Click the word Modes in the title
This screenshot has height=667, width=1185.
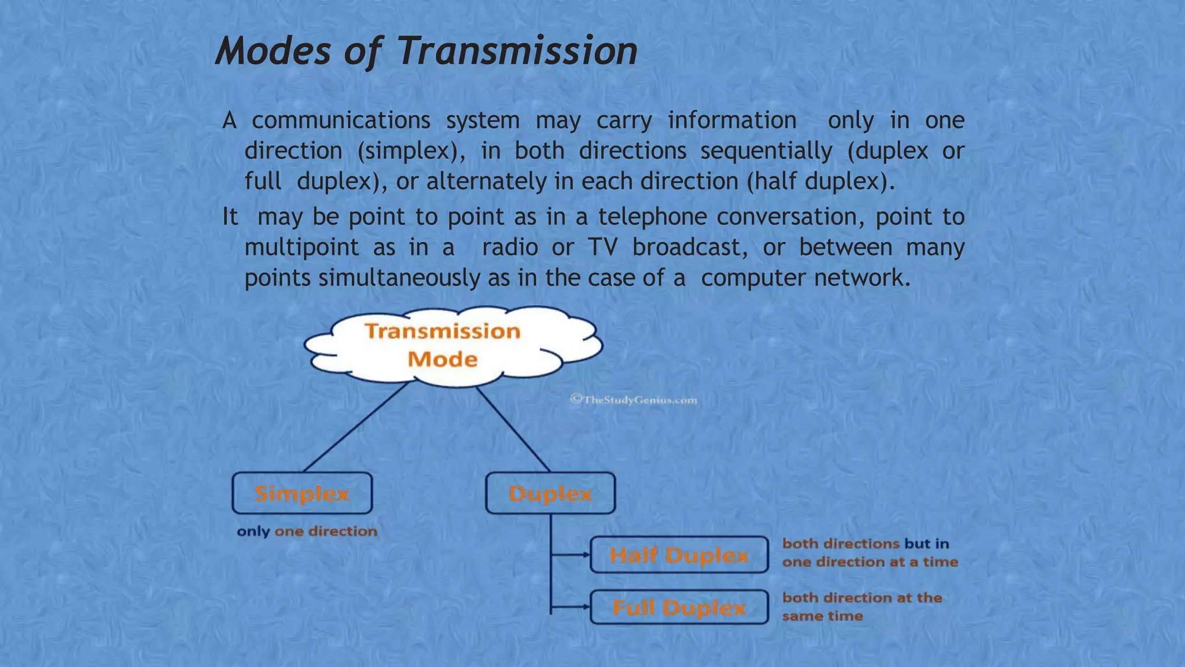click(x=273, y=51)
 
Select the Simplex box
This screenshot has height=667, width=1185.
click(x=302, y=493)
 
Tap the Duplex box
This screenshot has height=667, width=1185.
click(x=550, y=493)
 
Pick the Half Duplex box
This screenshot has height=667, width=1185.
click(x=679, y=555)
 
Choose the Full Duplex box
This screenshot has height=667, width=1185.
click(x=679, y=607)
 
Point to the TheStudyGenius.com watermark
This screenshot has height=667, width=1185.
click(x=634, y=400)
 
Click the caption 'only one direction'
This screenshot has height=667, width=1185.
click(x=307, y=532)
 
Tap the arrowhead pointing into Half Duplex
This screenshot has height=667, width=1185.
click(x=586, y=555)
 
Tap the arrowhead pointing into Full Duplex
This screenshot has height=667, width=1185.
click(x=586, y=607)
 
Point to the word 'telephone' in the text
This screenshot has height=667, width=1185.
click(x=652, y=217)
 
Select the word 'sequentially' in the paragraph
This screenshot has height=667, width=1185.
click(x=766, y=151)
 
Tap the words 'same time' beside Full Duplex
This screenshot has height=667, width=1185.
click(x=822, y=616)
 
